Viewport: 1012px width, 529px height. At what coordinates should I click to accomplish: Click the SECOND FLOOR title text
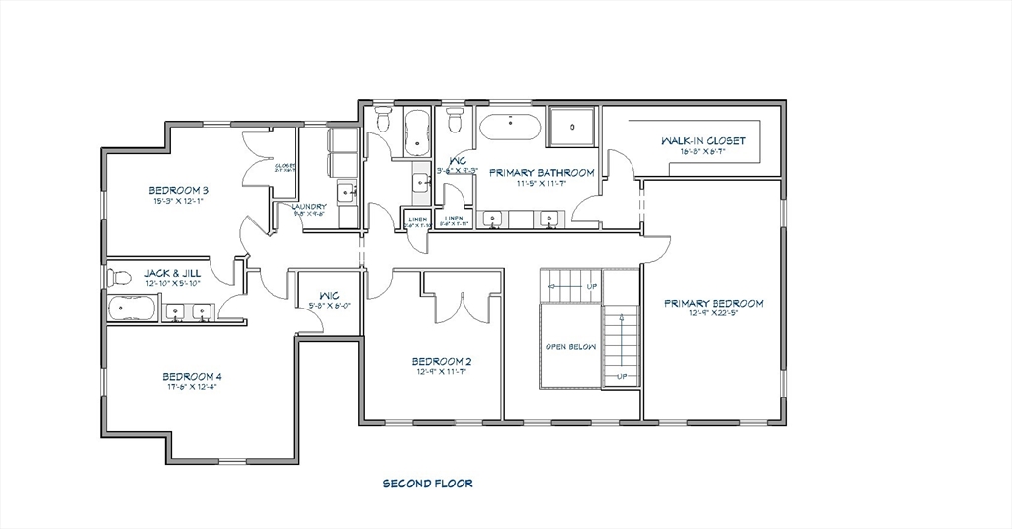tap(428, 484)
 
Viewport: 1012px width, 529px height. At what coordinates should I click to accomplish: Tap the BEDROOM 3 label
tap(179, 190)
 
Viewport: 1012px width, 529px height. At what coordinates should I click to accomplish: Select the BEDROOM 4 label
tap(192, 376)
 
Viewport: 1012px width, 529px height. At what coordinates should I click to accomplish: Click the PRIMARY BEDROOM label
tap(714, 304)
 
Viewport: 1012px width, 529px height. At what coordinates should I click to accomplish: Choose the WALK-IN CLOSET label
tap(704, 141)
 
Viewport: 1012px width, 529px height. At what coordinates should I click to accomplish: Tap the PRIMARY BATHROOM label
tap(542, 172)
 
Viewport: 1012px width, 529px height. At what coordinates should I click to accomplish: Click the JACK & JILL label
tap(173, 273)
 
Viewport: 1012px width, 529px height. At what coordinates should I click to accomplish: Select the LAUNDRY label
tap(309, 207)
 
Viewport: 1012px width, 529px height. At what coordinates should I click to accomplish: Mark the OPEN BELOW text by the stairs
tap(570, 347)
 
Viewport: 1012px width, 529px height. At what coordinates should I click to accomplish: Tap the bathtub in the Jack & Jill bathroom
tap(130, 309)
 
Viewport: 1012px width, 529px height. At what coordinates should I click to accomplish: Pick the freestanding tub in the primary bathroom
tap(509, 129)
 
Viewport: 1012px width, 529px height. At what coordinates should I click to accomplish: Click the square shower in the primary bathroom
tap(571, 128)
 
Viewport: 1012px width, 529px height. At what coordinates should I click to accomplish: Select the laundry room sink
tap(345, 192)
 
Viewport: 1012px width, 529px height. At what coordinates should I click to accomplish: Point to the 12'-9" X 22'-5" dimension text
tap(714, 315)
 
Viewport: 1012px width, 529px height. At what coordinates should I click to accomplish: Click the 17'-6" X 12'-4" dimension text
tap(192, 387)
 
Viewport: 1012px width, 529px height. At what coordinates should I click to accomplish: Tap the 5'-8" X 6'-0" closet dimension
tap(329, 306)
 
